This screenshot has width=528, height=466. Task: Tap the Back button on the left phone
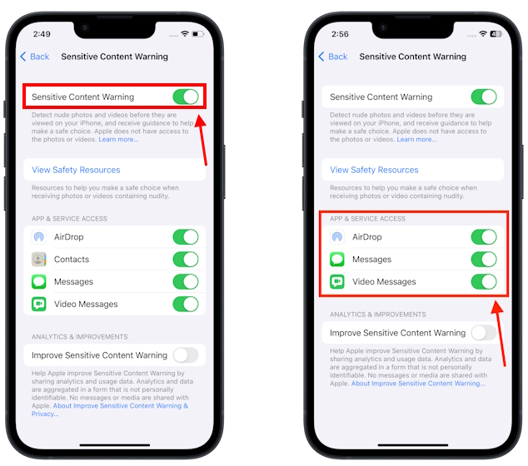pos(35,57)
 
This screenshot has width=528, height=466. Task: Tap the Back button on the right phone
pos(333,57)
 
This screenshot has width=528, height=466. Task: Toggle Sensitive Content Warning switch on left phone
pos(186,97)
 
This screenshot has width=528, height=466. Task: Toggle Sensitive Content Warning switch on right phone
pos(484,97)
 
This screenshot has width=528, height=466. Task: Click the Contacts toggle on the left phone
pos(186,260)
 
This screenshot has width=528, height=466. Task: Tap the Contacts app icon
pos(39,260)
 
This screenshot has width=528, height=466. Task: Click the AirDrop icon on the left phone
pos(39,237)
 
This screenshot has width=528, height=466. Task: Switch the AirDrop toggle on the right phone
pos(484,237)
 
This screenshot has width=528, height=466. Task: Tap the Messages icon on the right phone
pos(337,260)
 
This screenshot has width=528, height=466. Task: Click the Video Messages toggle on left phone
pos(186,305)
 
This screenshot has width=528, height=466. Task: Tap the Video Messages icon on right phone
pos(337,282)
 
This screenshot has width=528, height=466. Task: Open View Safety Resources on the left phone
pos(76,170)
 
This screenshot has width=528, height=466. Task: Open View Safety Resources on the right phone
pos(374,170)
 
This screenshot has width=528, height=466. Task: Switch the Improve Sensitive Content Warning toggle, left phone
pos(186,355)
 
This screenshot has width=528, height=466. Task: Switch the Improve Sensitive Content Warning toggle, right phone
pos(484,333)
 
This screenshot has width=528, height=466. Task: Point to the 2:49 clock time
pos(42,35)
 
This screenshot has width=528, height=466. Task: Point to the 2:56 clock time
pos(340,35)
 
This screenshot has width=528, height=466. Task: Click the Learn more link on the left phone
pos(119,139)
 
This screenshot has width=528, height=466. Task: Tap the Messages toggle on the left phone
pos(186,282)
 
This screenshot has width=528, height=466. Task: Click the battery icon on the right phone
pos(496,34)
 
